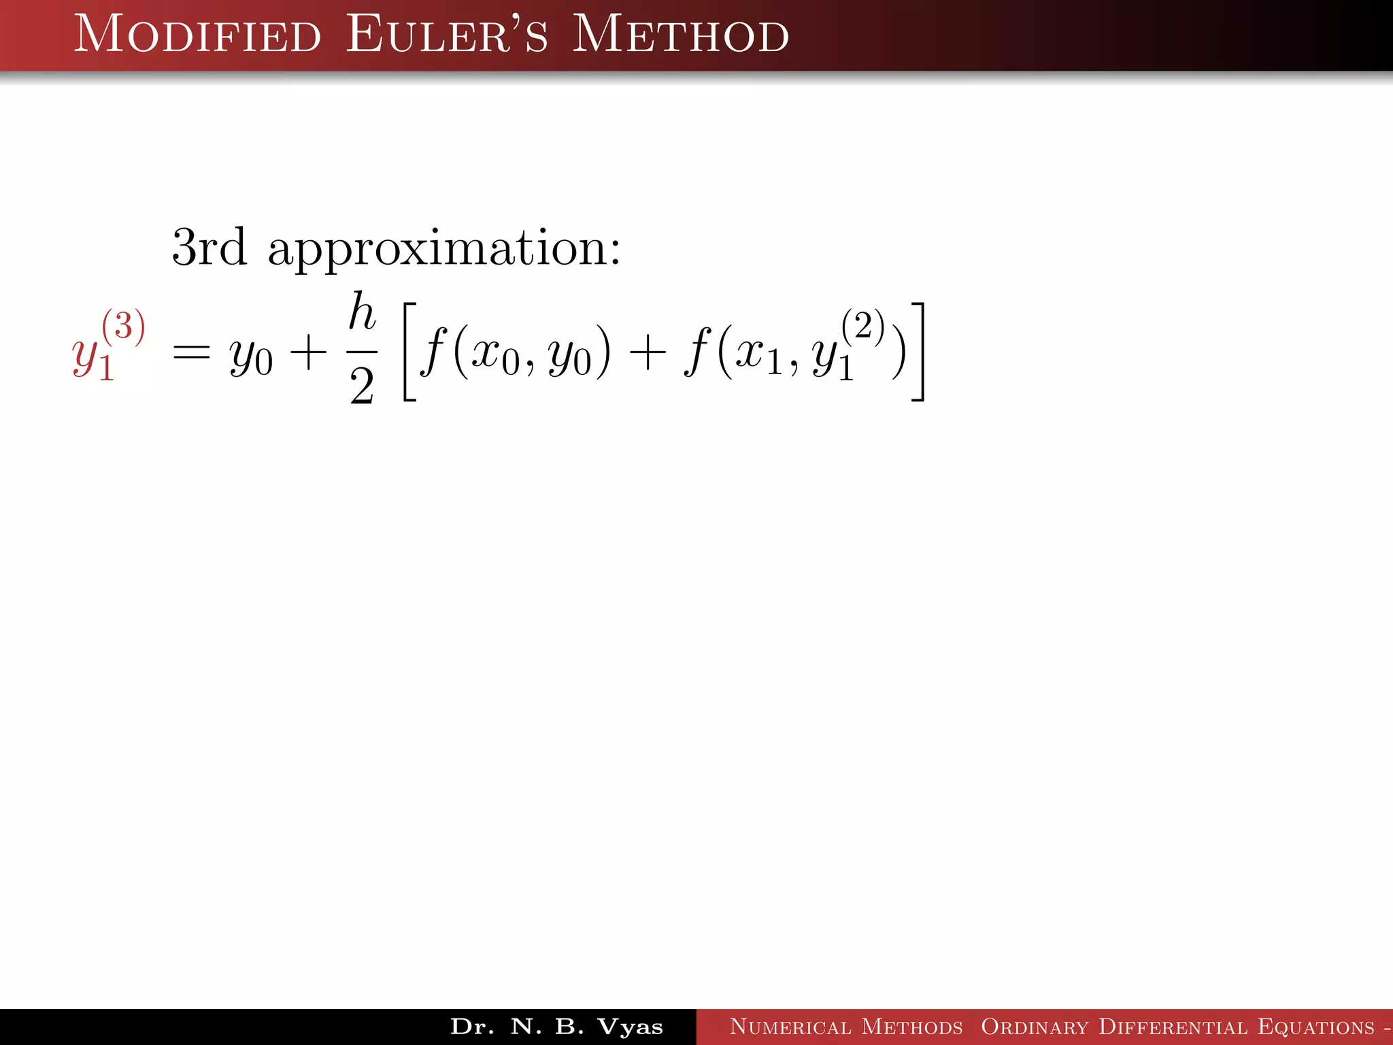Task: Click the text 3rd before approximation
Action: (209, 248)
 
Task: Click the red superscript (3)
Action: (123, 326)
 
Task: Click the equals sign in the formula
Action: (191, 353)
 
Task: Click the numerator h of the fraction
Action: (362, 312)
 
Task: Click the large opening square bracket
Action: (409, 352)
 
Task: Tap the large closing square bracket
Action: (918, 352)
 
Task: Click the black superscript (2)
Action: (862, 326)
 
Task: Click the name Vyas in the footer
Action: (630, 1027)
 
